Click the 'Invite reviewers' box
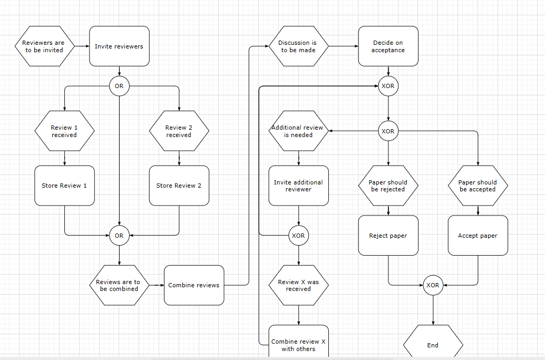tap(119, 46)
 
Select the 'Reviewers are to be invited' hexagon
tap(44, 46)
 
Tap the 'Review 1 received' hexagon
tap(64, 131)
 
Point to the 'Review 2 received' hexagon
tap(179, 131)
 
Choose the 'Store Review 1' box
tap(64, 186)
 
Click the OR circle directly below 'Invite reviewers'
tap(119, 86)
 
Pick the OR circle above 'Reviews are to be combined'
tap(119, 236)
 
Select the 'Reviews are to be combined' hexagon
tap(119, 285)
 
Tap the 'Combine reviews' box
tap(194, 285)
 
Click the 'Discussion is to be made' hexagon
tap(298, 46)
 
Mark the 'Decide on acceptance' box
tap(388, 46)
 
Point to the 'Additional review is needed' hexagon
tap(298, 131)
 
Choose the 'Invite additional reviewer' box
tap(298, 186)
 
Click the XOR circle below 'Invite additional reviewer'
tap(298, 236)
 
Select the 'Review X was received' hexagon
tap(298, 285)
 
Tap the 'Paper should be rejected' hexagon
tap(388, 186)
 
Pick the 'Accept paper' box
tap(478, 236)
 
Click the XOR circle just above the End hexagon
tap(433, 285)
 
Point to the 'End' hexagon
tap(433, 345)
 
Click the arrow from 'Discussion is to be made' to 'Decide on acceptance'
tap(343, 46)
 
